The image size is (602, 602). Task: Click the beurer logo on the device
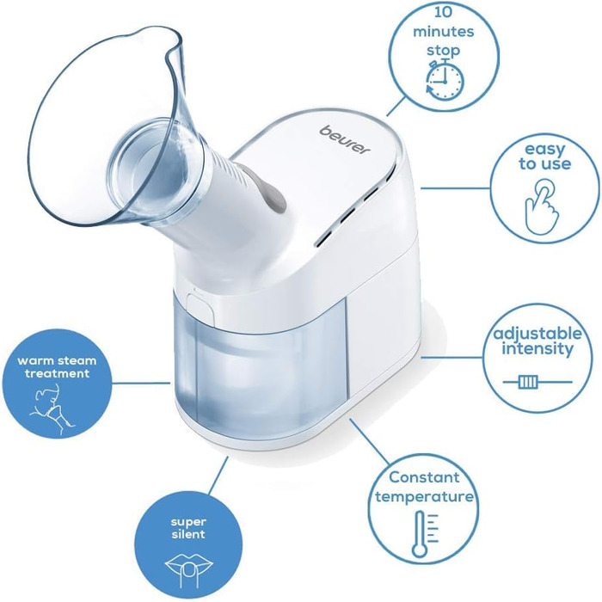345,140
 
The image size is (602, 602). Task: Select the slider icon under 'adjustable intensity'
537,382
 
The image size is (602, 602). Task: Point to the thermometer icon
424,534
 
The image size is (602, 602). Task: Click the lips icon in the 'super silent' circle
188,567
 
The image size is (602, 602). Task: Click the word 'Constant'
424,477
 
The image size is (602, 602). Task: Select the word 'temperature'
424,496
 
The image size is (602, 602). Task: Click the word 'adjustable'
537,334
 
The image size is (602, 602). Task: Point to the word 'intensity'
537,348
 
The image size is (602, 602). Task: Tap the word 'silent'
188,534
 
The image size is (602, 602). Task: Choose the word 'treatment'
58,372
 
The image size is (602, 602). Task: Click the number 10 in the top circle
444,12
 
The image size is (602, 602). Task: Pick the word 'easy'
544,149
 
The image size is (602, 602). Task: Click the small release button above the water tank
200,308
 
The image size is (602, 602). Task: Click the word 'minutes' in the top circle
444,31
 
